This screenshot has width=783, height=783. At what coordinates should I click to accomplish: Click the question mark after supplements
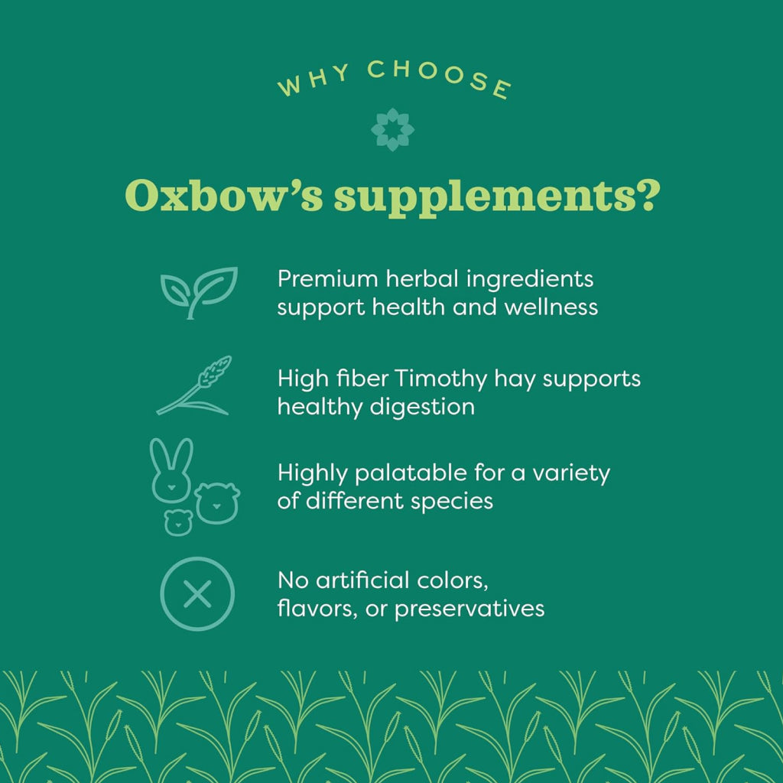[648, 195]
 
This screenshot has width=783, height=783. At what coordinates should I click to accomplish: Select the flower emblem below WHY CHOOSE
[392, 129]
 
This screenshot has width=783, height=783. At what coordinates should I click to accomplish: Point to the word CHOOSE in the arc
[440, 78]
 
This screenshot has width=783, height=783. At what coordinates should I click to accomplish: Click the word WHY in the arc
[314, 80]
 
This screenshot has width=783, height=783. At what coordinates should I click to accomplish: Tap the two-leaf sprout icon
[199, 293]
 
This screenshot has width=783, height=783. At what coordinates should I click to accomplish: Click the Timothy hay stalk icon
[193, 385]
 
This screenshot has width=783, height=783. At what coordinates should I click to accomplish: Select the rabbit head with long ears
[171, 470]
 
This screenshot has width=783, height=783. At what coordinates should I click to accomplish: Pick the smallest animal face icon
[178, 522]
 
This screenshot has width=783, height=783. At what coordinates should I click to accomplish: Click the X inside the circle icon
[197, 593]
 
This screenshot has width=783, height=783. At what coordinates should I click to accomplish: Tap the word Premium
[327, 278]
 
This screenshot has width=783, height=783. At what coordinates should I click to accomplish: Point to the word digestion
[422, 407]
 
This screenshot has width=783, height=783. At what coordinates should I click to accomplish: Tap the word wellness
[551, 307]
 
